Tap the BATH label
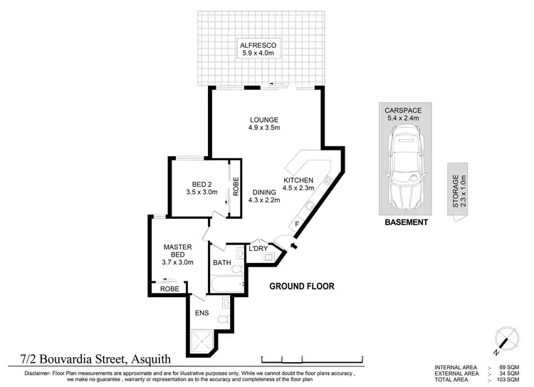(222, 263)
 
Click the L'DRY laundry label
(257, 249)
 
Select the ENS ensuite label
(203, 312)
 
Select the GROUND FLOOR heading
(301, 286)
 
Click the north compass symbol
(506, 341)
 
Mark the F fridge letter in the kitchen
(296, 225)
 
